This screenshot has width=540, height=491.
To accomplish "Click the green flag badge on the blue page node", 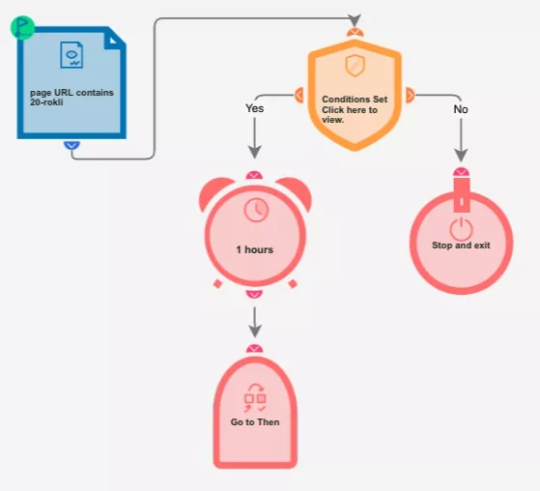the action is click(x=22, y=28).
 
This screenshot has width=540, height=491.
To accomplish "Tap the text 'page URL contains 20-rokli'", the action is click(x=71, y=98).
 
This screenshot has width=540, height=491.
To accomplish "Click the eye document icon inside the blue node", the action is click(x=71, y=55).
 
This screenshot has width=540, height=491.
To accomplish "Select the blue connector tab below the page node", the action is click(x=71, y=145).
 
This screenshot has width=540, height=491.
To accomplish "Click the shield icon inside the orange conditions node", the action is click(x=355, y=66).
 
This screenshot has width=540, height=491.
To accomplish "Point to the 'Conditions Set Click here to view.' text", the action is click(x=355, y=109).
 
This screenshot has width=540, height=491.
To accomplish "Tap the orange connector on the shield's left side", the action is click(x=298, y=95).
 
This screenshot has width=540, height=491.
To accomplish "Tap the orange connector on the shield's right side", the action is click(x=411, y=95).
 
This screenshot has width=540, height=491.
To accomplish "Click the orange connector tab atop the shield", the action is click(x=355, y=33).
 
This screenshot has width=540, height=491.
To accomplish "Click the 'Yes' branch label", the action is click(x=254, y=108).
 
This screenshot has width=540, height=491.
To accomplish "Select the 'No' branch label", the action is click(x=461, y=109).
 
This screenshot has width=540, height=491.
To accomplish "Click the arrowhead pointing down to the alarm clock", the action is click(x=254, y=153).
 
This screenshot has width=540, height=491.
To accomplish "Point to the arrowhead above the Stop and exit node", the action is click(x=461, y=156).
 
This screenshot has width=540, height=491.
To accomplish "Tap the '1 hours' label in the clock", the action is click(x=254, y=249).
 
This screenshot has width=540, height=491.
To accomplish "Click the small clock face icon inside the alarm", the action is click(x=256, y=210).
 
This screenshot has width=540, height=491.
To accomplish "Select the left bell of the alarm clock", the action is click(x=214, y=192).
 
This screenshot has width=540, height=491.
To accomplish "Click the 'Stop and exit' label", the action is click(x=461, y=245).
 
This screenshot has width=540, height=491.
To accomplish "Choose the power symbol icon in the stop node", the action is click(x=461, y=229).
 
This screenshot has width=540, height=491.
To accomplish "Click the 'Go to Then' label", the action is click(x=255, y=422).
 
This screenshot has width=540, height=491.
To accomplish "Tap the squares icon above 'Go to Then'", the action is click(x=255, y=397).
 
